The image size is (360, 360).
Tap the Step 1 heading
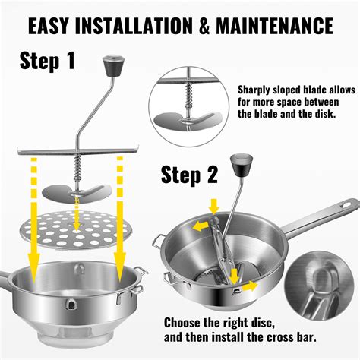[x=48, y=60]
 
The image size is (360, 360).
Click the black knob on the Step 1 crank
[x=112, y=62]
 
